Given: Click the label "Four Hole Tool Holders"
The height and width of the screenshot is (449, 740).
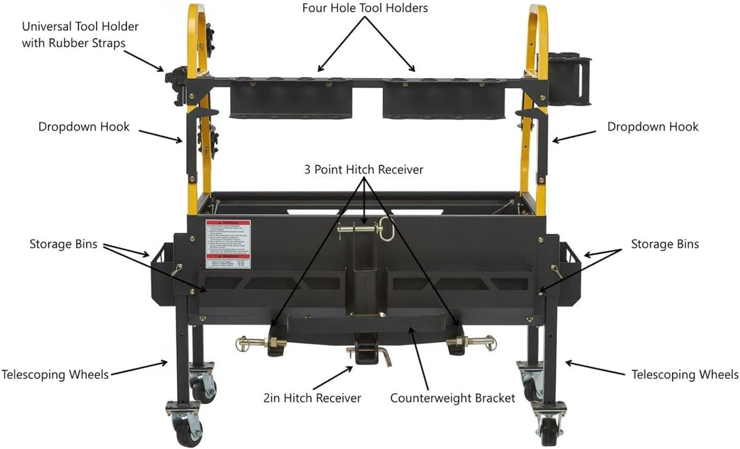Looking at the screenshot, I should coord(365,9).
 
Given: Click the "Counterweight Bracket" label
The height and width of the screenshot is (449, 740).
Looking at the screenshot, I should coord(453,398).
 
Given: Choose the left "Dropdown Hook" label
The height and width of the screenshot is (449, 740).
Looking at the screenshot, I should coord(84,127).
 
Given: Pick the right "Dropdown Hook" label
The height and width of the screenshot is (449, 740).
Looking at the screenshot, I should coord(653,127).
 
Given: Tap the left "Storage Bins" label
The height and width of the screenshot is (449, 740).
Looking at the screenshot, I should coord(64,244).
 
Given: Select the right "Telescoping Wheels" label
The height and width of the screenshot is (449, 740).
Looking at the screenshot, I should coord(685,374).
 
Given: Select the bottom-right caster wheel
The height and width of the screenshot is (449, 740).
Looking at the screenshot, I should coord(549,425).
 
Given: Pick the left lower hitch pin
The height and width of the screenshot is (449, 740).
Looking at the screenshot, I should coord(262,345).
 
